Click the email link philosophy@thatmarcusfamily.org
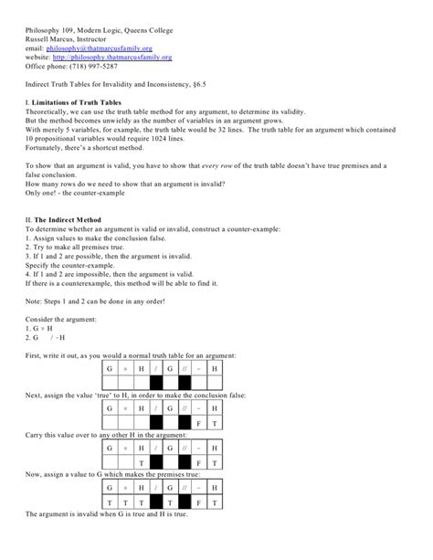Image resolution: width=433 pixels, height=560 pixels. pos(102,48)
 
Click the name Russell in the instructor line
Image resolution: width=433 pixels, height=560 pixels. pos(38,38)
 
